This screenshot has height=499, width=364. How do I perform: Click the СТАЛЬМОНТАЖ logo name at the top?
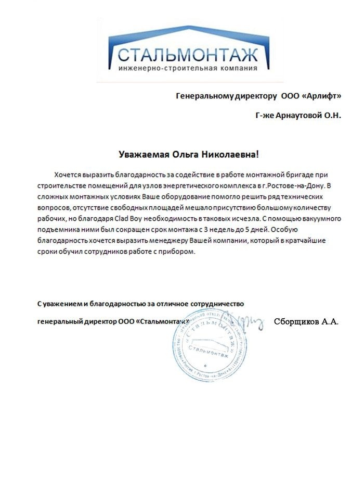(x=188, y=55)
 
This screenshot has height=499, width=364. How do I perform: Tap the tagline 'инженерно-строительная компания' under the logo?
(x=188, y=68)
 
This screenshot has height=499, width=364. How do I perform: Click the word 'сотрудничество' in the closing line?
(x=217, y=303)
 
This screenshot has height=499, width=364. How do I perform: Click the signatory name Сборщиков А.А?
(x=306, y=322)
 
